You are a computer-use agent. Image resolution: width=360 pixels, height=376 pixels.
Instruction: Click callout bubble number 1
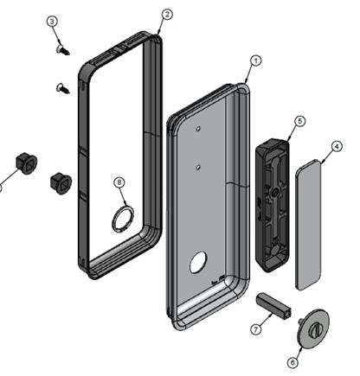[255, 61]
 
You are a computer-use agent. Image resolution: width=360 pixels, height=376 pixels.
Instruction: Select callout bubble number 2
[167, 15]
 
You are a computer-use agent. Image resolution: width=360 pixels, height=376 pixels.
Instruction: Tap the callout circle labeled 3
[52, 22]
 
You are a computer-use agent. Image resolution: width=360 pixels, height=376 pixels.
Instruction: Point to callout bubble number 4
[337, 147]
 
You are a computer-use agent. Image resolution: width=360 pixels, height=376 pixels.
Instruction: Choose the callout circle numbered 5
[299, 121]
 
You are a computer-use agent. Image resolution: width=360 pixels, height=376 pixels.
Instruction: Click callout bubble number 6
[293, 362]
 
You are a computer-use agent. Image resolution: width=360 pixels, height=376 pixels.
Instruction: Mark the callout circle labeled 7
[256, 329]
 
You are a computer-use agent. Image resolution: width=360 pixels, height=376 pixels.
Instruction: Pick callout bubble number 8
[119, 182]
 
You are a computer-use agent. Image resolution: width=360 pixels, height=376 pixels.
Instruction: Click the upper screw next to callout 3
[62, 49]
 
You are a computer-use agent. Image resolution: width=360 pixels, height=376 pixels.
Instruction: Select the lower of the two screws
[62, 88]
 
